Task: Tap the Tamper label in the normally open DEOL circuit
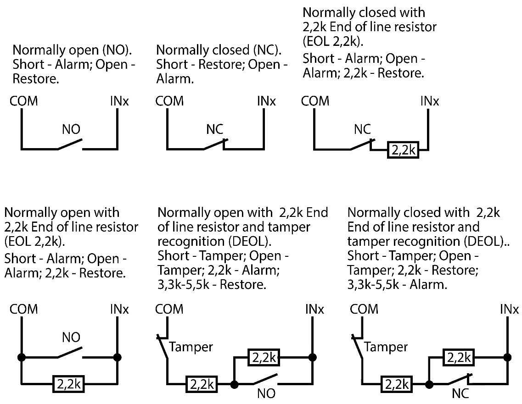[191, 347]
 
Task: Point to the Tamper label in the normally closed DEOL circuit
[386, 347]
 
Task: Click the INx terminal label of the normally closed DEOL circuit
[509, 310]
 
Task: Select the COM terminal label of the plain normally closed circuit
[169, 101]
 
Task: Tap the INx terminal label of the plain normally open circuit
[119, 101]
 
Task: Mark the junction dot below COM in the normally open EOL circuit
[21, 357]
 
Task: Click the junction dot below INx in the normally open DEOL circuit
[313, 357]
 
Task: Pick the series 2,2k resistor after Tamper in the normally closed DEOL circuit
[396, 383]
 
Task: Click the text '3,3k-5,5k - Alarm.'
[397, 284]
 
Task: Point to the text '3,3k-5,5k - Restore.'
[212, 284]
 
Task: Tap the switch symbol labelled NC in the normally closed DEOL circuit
[459, 380]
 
